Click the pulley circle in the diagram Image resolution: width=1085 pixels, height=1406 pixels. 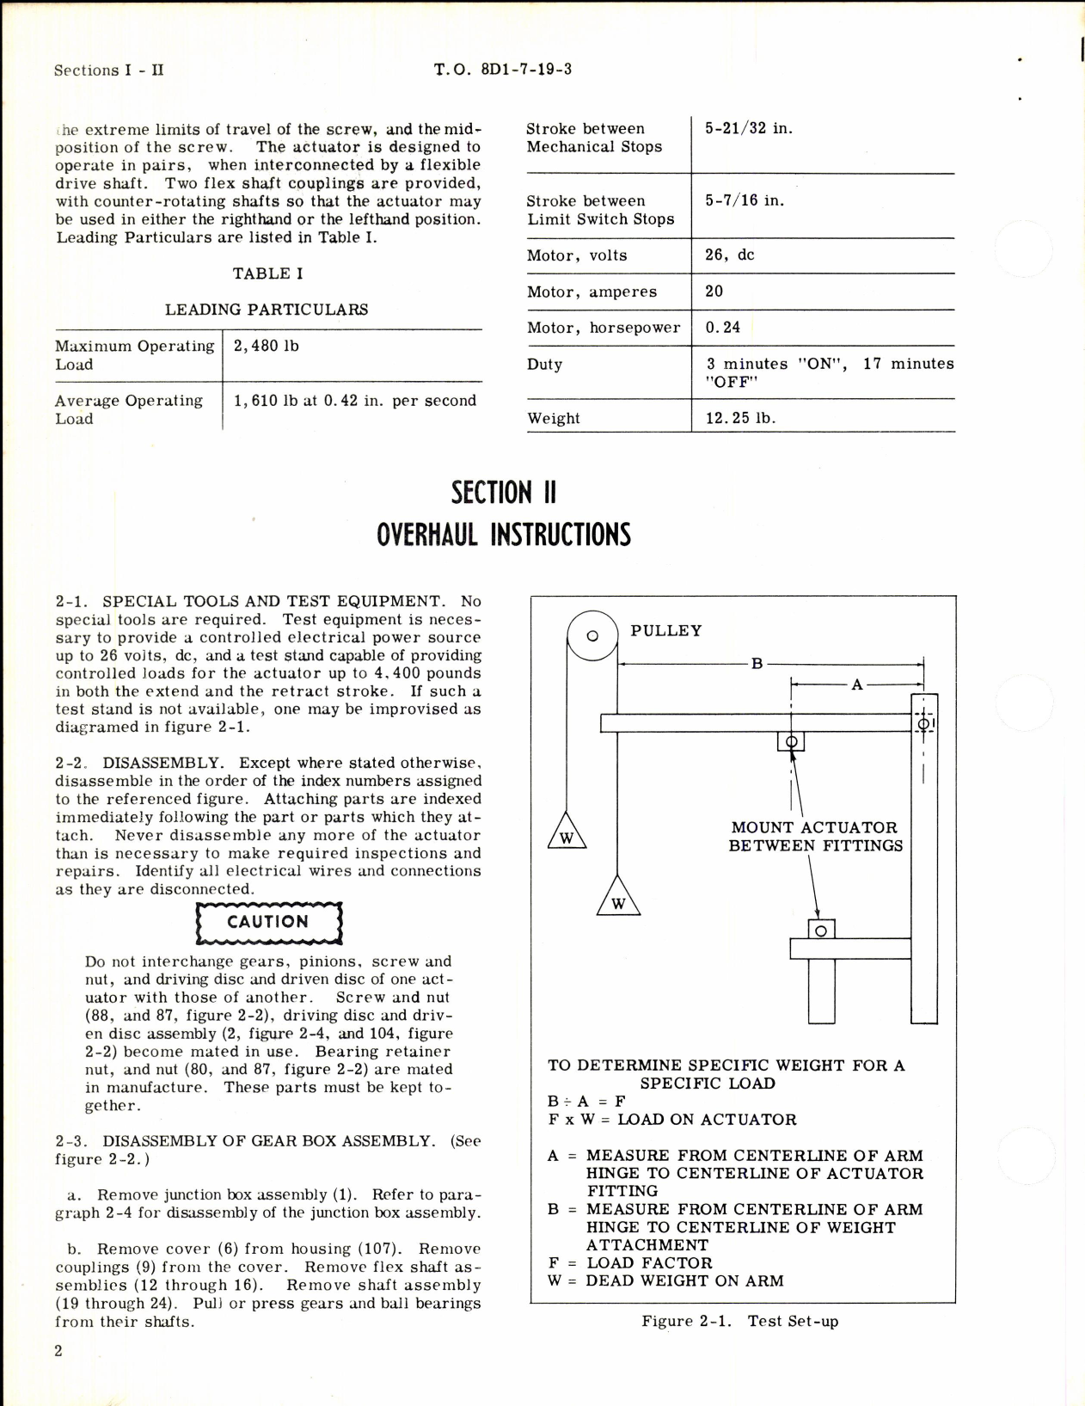pyautogui.click(x=592, y=636)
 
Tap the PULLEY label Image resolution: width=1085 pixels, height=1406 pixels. pyautogui.click(x=665, y=630)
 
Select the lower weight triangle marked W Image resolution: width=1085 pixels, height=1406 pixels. pyautogui.click(x=617, y=899)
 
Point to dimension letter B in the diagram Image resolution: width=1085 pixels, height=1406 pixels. pyautogui.click(x=757, y=663)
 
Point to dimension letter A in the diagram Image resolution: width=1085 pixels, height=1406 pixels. pyautogui.click(x=856, y=685)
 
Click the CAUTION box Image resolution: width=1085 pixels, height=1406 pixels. pyautogui.click(x=268, y=922)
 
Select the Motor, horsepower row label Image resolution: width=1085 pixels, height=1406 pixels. pyautogui.click(x=603, y=328)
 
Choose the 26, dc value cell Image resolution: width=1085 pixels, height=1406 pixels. pyautogui.click(x=729, y=255)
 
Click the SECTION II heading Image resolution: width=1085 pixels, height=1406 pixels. pyautogui.click(x=504, y=493)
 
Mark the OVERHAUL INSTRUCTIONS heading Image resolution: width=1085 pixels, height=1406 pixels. pyautogui.click(x=504, y=535)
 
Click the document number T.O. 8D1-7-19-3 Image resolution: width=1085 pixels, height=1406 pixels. pyautogui.click(x=503, y=70)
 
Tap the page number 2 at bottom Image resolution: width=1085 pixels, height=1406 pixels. pyautogui.click(x=58, y=1350)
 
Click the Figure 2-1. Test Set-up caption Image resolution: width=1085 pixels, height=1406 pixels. pyautogui.click(x=739, y=1321)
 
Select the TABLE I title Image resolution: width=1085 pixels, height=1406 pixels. pyautogui.click(x=267, y=273)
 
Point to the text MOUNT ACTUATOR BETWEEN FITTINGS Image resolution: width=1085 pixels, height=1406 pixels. pyautogui.click(x=815, y=836)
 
